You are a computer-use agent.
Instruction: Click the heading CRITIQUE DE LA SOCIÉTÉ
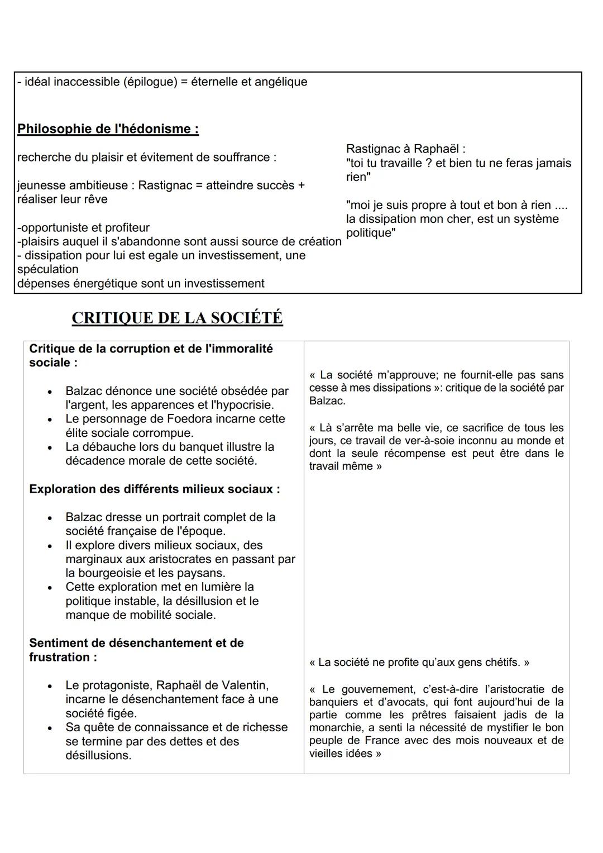click(x=177, y=318)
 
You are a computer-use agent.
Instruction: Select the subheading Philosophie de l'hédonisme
click(x=108, y=129)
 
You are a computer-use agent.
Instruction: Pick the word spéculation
click(x=48, y=269)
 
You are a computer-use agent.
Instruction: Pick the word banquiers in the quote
click(x=333, y=702)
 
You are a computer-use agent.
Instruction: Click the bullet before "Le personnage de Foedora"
click(x=51, y=419)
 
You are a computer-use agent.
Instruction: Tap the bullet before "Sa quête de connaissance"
click(x=51, y=727)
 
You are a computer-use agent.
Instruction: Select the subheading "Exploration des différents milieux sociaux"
click(x=155, y=489)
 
